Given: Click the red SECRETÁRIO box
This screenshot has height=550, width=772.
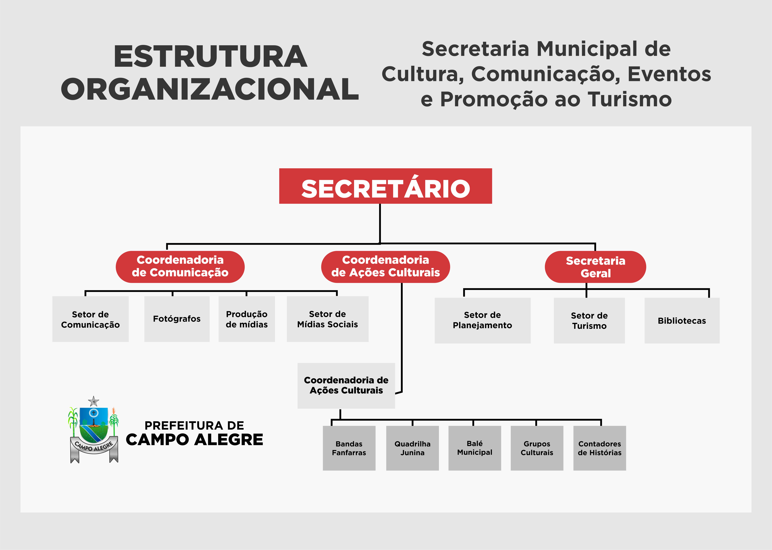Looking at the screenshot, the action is [385, 186].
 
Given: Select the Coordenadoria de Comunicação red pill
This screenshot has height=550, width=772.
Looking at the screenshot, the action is [180, 267].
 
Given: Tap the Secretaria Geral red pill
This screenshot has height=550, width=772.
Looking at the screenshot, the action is [595, 267].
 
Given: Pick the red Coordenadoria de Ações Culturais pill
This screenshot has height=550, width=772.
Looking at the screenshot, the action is [385, 267].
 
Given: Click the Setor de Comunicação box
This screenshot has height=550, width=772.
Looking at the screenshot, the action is [90, 319].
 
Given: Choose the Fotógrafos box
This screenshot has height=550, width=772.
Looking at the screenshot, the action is [177, 319].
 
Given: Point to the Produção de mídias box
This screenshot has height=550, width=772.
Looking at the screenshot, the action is [247, 319].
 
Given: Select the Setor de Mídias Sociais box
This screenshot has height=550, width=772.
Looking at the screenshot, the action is [328, 319].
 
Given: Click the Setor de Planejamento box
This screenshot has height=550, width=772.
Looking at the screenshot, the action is [483, 320].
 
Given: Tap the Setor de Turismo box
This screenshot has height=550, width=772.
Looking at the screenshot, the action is [589, 320].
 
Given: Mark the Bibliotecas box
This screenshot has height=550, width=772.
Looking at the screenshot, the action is [682, 320].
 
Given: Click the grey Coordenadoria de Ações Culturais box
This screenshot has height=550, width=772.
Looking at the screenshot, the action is [346, 386].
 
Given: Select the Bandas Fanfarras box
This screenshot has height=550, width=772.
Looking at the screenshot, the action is [349, 448].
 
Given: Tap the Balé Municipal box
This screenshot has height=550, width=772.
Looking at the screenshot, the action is [474, 448].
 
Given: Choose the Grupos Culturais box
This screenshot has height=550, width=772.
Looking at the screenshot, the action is [537, 448].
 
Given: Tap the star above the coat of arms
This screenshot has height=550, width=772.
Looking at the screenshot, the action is [93, 401].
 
